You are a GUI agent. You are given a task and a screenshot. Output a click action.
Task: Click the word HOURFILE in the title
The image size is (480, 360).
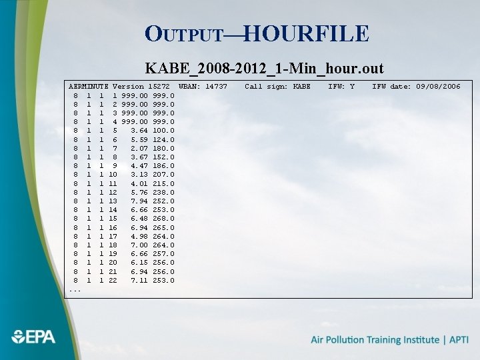point(306,33)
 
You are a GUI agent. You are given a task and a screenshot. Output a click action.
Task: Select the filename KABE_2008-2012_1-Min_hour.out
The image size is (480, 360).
point(264,69)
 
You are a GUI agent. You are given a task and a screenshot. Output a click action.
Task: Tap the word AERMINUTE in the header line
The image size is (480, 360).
point(89,87)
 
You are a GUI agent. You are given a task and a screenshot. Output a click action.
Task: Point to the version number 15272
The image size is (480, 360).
point(159,87)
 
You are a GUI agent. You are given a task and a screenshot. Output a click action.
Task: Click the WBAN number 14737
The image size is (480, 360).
point(216,87)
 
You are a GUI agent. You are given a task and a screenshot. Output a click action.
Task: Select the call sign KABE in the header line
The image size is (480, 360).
point(301,87)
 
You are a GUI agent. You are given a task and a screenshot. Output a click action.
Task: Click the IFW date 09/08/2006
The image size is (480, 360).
point(438,87)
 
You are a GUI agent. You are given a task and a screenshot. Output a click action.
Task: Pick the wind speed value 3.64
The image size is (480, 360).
point(139,131)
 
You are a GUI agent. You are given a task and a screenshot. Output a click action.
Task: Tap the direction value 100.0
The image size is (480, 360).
point(163,131)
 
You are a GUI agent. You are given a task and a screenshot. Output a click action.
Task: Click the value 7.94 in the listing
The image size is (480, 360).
point(139,201)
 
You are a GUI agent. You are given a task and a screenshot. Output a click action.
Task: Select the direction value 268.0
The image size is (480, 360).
point(163,219)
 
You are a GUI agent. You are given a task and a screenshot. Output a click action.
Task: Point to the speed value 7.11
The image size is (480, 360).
point(139,280)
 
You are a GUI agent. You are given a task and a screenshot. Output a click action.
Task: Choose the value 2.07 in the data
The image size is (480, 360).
point(139,148)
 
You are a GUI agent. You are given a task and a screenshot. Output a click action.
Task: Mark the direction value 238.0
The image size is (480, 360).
point(163,192)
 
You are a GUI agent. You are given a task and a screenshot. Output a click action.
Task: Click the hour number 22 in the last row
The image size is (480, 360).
point(113,280)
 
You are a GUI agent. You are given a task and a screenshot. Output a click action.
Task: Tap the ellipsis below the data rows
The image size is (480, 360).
point(75,289)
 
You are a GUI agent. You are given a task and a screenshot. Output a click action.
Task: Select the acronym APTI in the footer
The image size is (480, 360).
point(458,340)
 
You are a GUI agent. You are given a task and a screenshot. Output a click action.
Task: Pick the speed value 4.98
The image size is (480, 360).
point(139,236)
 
